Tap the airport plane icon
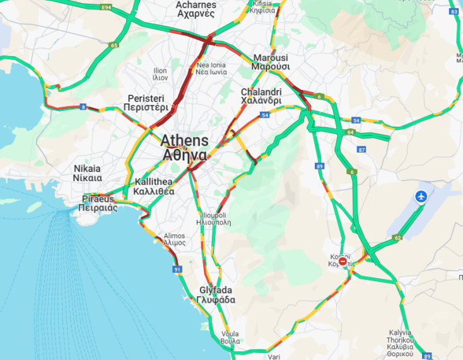tap(421, 197)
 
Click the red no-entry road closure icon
tap(343, 261)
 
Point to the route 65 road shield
tap(114, 45)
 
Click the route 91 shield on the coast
tap(177, 269)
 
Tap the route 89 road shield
tap(320, 166)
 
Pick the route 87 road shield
tap(361, 149)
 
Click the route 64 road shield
tap(349, 132)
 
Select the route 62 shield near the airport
tap(397, 238)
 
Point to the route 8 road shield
tap(83, 107)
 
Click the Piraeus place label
tap(100, 203)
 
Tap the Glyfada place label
tap(217, 295)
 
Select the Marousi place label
tap(271, 62)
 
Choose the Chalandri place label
tap(261, 96)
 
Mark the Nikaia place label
tap(87, 173)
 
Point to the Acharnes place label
tap(196, 9)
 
